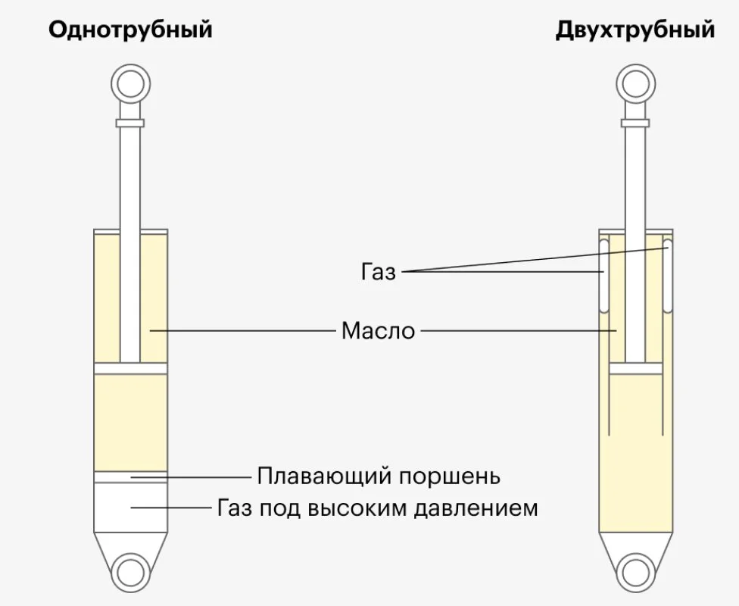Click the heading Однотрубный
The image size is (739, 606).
(130, 30)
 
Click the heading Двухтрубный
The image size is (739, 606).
(635, 30)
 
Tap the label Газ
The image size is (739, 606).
(379, 272)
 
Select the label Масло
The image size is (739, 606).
(378, 330)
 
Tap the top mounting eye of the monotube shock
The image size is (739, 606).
(130, 84)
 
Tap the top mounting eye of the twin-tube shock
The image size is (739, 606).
(635, 84)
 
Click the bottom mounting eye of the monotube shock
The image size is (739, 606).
(130, 573)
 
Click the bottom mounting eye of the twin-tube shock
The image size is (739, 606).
(635, 573)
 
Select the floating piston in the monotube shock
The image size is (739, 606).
(130, 476)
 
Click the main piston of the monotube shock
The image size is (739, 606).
(130, 368)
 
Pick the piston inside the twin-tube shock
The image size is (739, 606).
(635, 368)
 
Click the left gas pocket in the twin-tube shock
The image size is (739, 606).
(603, 276)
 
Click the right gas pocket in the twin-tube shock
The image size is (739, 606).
(667, 276)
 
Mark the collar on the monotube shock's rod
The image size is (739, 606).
(130, 123)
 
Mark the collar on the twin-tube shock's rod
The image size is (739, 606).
(635, 123)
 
